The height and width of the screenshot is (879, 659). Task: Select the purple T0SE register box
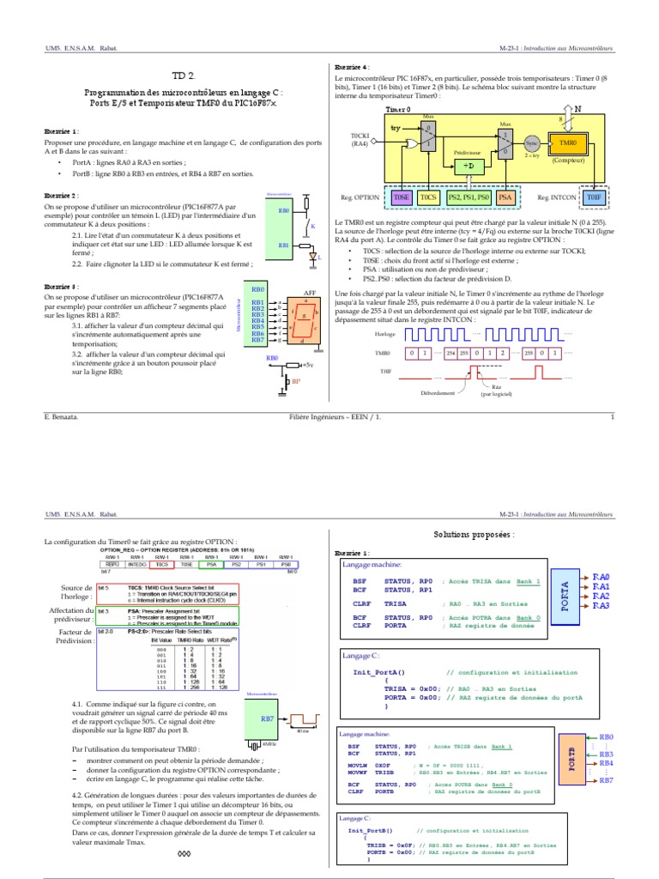click(402, 197)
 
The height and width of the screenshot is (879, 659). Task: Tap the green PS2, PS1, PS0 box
click(466, 197)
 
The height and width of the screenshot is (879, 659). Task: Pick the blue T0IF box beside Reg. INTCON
click(594, 197)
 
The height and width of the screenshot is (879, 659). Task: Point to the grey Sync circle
click(531, 145)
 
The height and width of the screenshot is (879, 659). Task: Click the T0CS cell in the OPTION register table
click(160, 565)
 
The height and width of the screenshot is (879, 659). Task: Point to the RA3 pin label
click(600, 606)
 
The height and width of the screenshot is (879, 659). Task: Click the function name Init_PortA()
click(378, 672)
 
